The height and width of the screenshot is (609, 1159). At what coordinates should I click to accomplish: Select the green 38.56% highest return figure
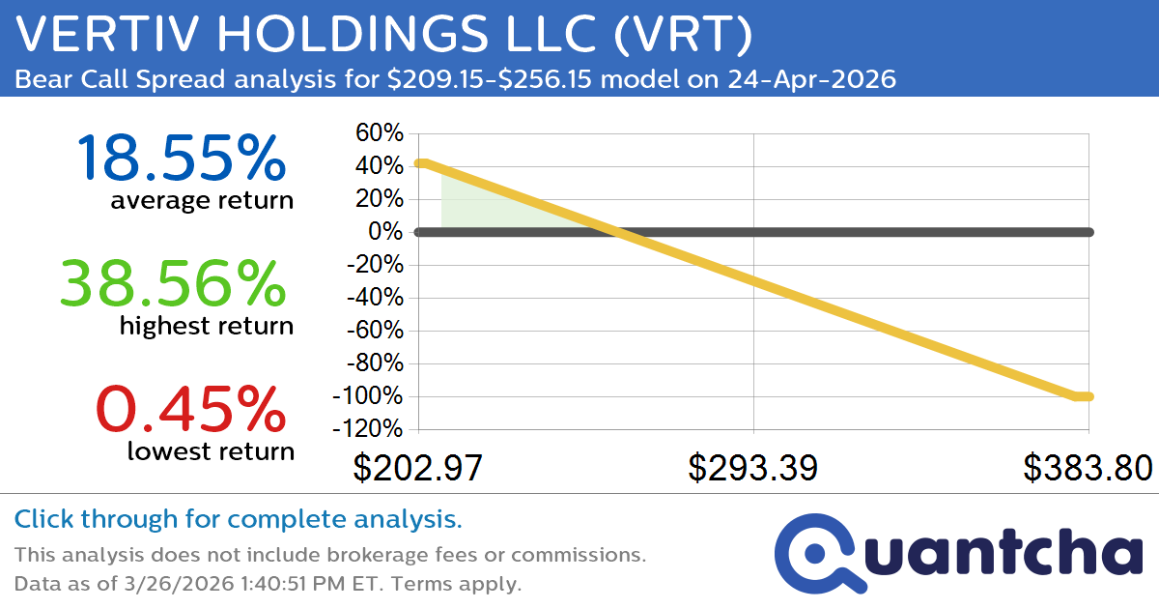(x=173, y=283)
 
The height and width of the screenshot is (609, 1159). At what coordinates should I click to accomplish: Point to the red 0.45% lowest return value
(x=192, y=408)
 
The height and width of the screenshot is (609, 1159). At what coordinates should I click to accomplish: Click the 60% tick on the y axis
(x=380, y=133)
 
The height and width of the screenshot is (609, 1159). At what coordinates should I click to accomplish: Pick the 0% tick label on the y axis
(x=387, y=232)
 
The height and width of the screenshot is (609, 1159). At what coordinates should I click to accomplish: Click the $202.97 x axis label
(x=416, y=468)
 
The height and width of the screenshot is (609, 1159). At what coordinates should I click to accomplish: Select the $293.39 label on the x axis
(x=752, y=468)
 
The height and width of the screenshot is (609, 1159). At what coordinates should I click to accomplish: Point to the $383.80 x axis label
(x=1088, y=468)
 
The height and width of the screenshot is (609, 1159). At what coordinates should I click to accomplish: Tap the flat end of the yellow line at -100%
(x=1083, y=395)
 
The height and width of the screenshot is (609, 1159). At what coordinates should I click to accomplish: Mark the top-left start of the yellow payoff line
(x=420, y=162)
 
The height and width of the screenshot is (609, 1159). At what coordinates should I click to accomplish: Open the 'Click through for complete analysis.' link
(x=238, y=520)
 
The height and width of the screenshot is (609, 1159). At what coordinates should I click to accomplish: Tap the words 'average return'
(x=202, y=200)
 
